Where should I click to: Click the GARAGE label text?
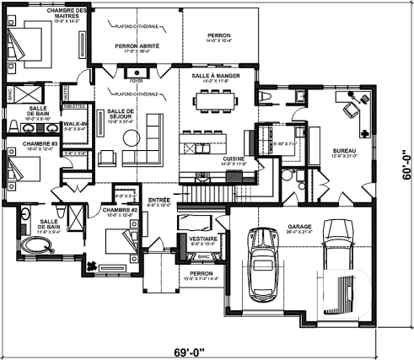coord(300,227)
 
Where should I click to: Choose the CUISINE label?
coord(234,159)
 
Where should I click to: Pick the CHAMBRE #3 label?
coord(18,145)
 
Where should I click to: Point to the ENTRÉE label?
coord(159,200)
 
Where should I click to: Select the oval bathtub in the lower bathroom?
coord(36,246)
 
